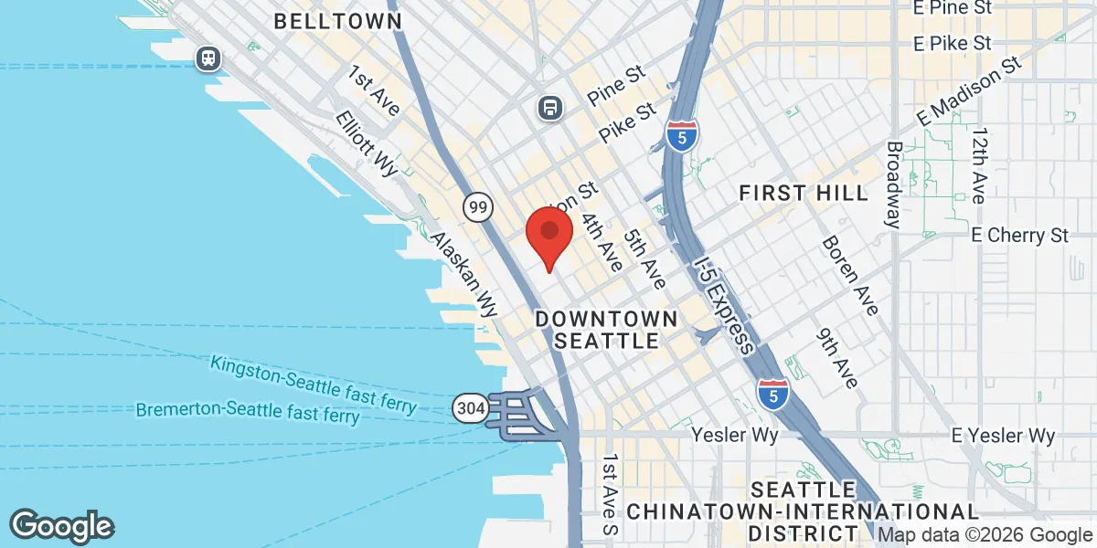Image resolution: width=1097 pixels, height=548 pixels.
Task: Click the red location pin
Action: (x=548, y=235)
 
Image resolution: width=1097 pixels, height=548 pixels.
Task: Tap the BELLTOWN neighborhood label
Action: (x=337, y=20)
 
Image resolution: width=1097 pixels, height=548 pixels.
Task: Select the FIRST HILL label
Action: (x=804, y=193)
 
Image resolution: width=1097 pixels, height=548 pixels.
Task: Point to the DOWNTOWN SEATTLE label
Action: (x=607, y=330)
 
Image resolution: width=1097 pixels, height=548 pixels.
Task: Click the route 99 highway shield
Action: (x=477, y=207)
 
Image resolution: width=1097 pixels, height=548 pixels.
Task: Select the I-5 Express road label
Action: (x=724, y=305)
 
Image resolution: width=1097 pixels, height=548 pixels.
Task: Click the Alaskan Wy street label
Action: (x=463, y=273)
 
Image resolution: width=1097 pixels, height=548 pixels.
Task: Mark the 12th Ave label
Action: (x=979, y=165)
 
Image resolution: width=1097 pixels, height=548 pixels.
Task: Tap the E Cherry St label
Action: (x=1020, y=235)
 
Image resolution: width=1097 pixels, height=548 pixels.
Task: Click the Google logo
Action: (x=62, y=526)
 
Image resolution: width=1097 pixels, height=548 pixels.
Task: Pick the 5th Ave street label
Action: (x=645, y=259)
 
